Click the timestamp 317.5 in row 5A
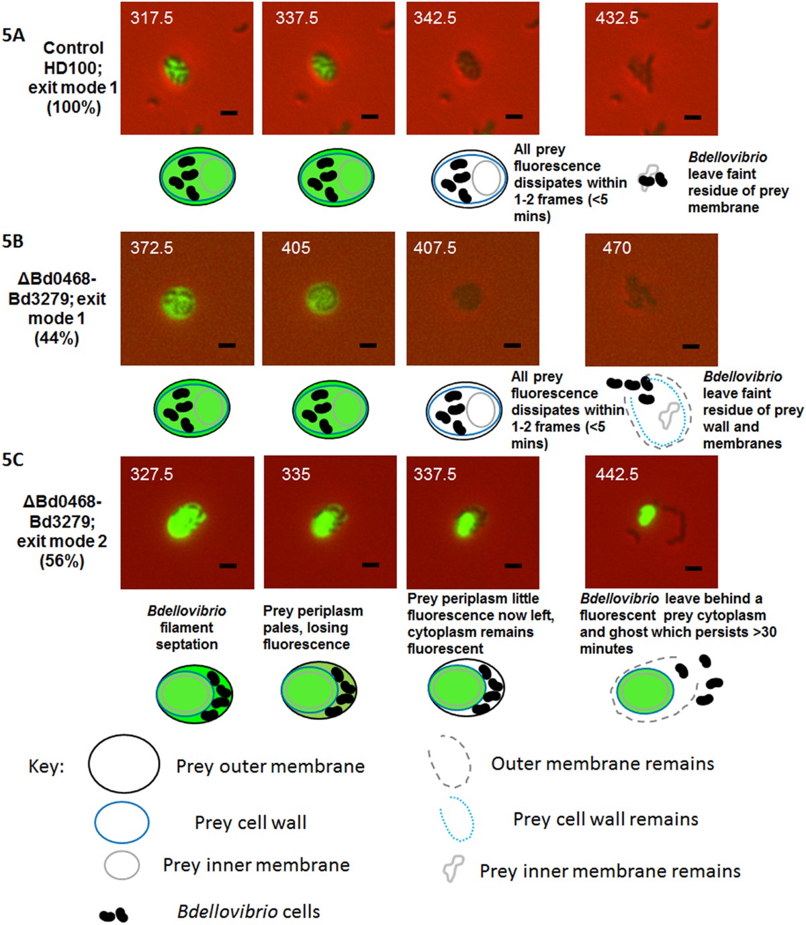pyautogui.click(x=151, y=18)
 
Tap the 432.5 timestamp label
pyautogui.click(x=617, y=18)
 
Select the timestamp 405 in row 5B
pyautogui.click(x=296, y=248)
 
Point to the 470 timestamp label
pyautogui.click(x=617, y=248)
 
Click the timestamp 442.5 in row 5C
pyautogui.click(x=617, y=475)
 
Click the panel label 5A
pyautogui.click(x=13, y=35)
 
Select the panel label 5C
pyautogui.click(x=13, y=460)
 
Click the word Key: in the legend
pyautogui.click(x=46, y=767)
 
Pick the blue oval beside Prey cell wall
pyautogui.click(x=122, y=822)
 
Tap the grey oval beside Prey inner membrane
pyautogui.click(x=122, y=865)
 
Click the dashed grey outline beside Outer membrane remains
pyautogui.click(x=449, y=763)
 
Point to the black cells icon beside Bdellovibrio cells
pyautogui.click(x=114, y=914)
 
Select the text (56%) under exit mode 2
pyautogui.click(x=62, y=561)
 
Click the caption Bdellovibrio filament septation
pyautogui.click(x=187, y=627)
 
